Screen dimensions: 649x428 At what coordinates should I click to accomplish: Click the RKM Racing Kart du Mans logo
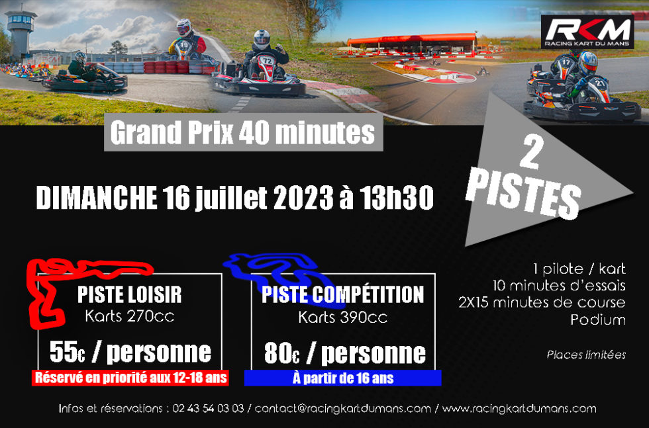(587, 32)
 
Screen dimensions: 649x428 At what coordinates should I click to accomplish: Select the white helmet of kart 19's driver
(184, 28)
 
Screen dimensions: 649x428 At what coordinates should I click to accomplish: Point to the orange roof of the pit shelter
(412, 39)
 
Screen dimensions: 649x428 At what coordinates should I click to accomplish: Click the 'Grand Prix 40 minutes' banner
(244, 132)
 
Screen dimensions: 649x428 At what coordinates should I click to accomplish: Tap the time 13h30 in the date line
(397, 198)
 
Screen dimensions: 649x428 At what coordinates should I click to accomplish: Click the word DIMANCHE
(96, 198)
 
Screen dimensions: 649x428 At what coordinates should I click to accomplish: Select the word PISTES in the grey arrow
(524, 194)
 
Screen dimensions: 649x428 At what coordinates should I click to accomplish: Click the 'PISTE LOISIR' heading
(130, 294)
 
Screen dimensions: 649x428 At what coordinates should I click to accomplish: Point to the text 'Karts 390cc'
(343, 318)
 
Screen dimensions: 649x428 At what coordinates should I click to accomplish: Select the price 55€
(67, 352)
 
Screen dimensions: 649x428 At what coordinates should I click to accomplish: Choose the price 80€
(282, 353)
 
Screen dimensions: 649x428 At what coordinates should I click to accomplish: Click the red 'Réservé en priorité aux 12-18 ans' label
(130, 378)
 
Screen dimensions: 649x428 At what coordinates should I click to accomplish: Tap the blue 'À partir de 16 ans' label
(343, 378)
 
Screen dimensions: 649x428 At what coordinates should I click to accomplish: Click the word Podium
(598, 320)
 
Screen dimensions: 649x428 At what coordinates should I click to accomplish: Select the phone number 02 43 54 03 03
(208, 409)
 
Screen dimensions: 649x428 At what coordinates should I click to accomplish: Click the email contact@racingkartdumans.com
(343, 409)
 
